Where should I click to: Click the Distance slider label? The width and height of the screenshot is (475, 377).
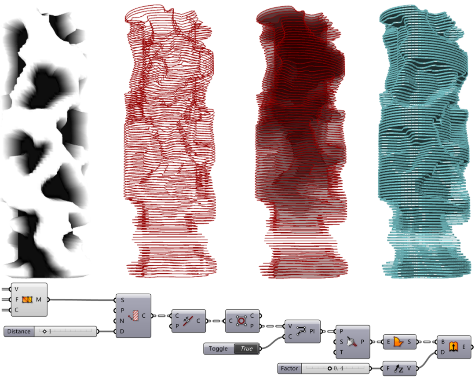pos(19,331)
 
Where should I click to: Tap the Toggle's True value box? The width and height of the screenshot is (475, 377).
pos(247,348)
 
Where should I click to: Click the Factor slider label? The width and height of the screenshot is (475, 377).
pos(289,368)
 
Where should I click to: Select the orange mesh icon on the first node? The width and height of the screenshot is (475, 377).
pos(27,300)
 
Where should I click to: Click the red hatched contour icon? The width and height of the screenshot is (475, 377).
pos(133,316)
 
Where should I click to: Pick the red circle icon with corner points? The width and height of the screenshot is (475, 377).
pos(241,321)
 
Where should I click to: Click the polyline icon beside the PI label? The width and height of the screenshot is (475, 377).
pos(301,331)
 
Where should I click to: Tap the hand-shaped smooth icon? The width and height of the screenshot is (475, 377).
pos(351,342)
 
